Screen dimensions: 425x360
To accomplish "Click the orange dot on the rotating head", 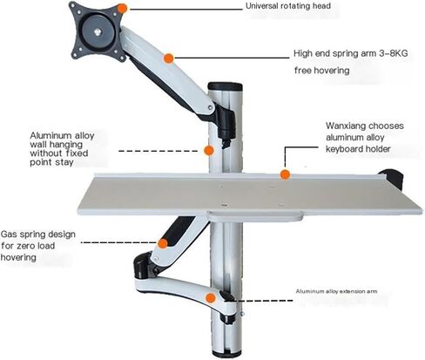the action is [123, 9].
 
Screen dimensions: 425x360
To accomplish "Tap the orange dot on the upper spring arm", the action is [168, 58].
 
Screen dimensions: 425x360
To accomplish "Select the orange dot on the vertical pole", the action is [209, 151].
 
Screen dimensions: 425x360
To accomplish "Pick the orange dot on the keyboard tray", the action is [285, 174].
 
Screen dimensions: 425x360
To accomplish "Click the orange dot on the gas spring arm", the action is [163, 243].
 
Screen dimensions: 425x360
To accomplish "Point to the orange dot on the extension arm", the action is [211, 298].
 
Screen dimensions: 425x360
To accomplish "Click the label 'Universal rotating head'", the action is [288, 6].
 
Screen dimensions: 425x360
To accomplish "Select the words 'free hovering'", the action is [321, 71].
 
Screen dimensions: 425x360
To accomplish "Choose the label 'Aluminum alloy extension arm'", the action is [336, 291].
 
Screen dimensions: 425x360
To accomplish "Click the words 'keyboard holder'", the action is [358, 149].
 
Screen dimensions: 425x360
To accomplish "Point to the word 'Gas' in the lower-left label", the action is [9, 234].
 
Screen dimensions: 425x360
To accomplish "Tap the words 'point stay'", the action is [51, 162].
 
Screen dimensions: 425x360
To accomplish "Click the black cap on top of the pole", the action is [226, 86].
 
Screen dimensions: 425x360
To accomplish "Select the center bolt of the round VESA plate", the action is [98, 31].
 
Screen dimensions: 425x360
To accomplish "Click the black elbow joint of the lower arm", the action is [143, 266].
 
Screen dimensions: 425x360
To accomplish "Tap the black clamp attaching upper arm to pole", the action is [225, 122].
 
